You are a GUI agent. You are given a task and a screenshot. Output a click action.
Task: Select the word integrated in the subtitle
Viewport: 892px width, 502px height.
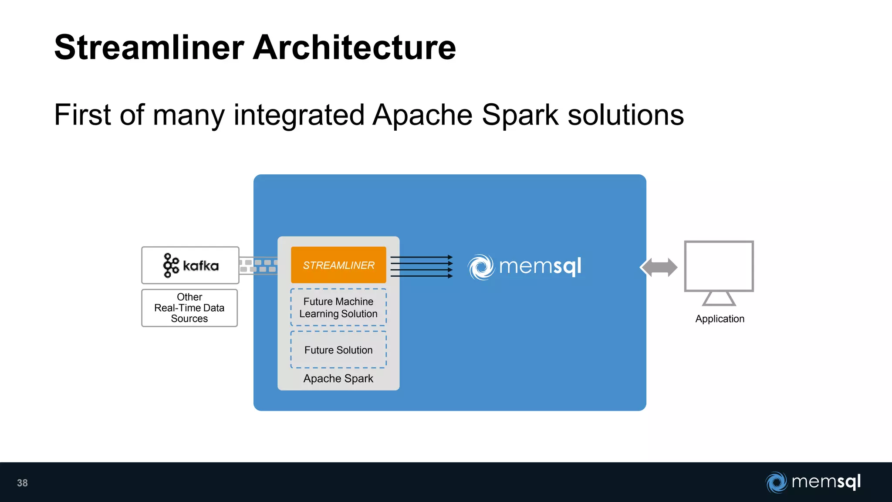tap(299, 115)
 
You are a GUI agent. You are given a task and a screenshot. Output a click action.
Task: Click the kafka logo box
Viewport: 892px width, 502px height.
tap(190, 265)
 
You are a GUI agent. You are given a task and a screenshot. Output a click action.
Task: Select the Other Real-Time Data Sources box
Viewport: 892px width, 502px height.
tap(189, 308)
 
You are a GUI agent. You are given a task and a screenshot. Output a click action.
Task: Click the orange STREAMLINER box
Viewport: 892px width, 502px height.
tap(338, 265)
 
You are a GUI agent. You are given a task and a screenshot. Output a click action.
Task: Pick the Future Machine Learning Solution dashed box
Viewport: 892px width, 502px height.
tap(338, 307)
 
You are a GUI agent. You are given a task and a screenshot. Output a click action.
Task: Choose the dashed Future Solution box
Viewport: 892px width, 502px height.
tap(338, 350)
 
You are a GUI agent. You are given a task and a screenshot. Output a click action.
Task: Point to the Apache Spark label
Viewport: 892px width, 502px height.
tap(338, 379)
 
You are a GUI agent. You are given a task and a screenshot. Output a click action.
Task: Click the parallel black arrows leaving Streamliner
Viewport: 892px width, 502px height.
tap(421, 267)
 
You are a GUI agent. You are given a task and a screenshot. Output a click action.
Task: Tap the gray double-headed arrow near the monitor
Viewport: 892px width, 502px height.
tap(659, 268)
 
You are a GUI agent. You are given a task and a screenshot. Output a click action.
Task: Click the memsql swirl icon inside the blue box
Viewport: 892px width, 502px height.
tap(481, 267)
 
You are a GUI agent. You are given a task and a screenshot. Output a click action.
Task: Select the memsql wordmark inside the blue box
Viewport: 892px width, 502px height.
tap(540, 266)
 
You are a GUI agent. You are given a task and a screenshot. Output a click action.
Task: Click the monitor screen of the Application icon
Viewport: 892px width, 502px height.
tap(719, 266)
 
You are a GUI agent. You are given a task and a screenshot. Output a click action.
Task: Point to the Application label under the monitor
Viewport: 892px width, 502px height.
tap(720, 319)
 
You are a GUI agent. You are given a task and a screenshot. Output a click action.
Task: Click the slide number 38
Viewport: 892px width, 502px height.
tap(22, 483)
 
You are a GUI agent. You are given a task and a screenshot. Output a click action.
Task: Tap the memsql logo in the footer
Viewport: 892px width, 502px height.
tap(813, 482)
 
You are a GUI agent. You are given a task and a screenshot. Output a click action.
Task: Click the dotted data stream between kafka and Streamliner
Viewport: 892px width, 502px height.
tap(258, 266)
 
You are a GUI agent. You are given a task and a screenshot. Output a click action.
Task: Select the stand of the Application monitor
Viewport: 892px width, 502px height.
tap(719, 299)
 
